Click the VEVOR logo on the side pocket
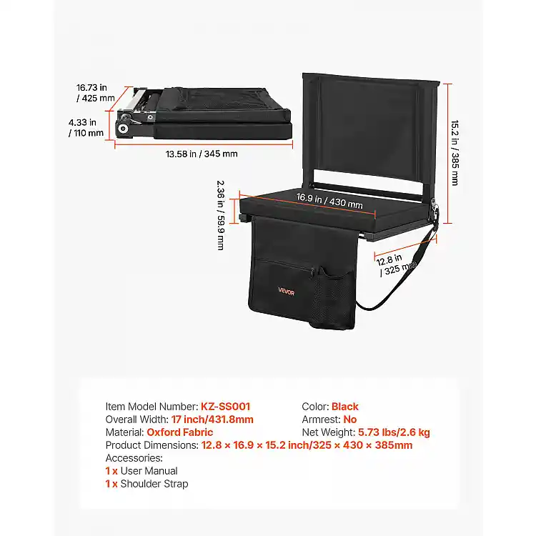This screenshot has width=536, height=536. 286,292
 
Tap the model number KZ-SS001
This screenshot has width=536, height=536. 225,407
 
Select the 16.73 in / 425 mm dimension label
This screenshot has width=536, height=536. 95,93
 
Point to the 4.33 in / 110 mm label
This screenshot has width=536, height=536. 86,127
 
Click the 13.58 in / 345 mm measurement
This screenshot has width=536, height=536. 202,154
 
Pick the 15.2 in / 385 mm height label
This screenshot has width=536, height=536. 455,153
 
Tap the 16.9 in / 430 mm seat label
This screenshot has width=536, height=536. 329,201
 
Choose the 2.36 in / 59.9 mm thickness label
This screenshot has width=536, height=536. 221,215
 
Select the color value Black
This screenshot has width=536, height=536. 345,407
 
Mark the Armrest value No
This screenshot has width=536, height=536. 350,420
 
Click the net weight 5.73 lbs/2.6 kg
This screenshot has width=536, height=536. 394,432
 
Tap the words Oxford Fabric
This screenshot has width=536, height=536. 180,432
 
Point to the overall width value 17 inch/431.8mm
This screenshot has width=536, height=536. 212,420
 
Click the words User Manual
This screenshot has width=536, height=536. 149,471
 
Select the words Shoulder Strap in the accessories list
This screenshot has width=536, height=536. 154,484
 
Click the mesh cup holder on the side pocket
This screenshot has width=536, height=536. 332,297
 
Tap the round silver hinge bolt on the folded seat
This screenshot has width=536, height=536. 122,129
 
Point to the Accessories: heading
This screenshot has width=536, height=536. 134,458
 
